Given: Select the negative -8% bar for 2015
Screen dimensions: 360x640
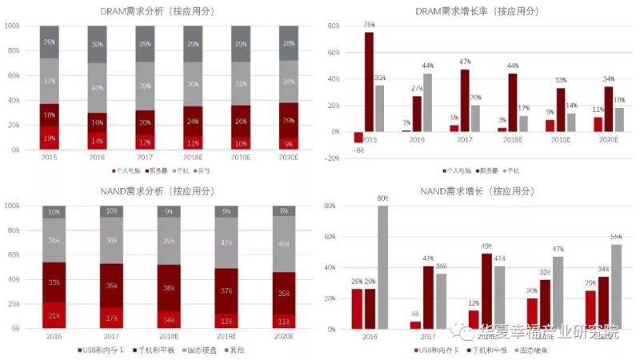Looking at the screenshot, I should pos(358,137).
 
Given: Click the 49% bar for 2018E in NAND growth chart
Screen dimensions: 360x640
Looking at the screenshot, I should pos(486,290).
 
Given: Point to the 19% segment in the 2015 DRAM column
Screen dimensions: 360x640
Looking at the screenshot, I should pos(50,138).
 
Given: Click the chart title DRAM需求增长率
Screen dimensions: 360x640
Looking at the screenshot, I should pos(478,10).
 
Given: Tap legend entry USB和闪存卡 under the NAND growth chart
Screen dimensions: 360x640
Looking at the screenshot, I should pos(436,350).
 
